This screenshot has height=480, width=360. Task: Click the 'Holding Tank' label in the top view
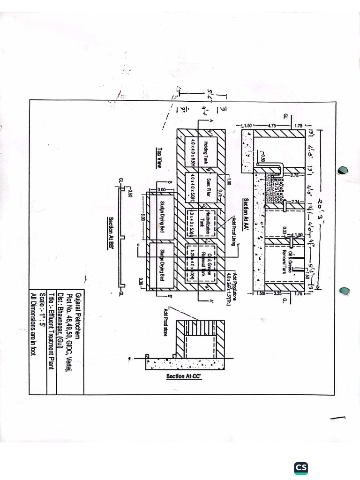pos(205,152)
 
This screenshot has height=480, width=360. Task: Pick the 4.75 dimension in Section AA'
pos(272,126)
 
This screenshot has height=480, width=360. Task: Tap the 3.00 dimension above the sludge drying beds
pos(162,189)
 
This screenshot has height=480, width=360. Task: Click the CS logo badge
pos(301,467)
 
